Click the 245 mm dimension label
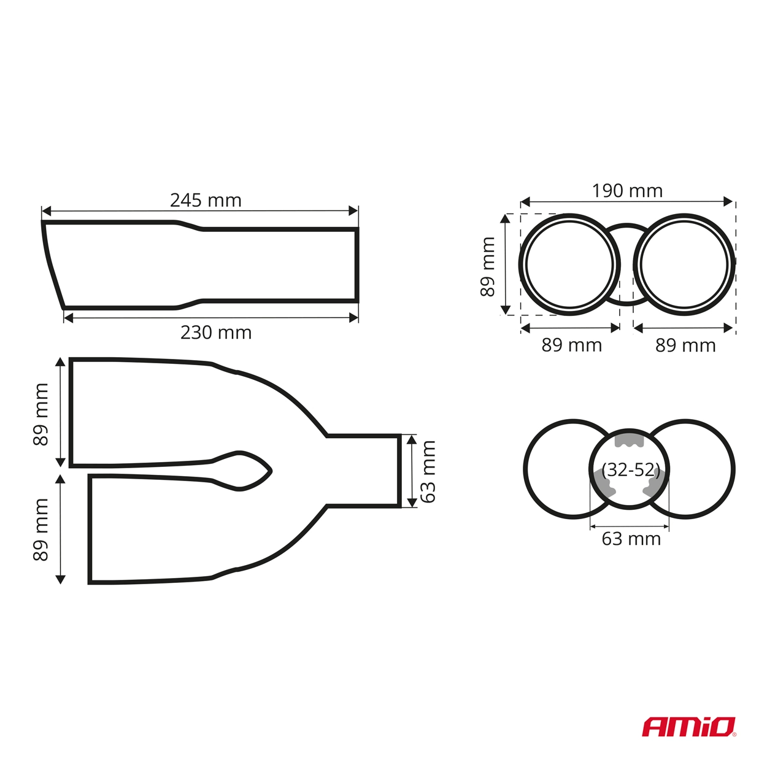click(x=206, y=200)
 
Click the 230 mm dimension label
click(x=216, y=333)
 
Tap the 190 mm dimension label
click(x=627, y=191)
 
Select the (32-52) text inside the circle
click(x=631, y=471)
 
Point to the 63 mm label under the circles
click(x=631, y=539)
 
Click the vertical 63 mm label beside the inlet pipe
click(x=428, y=472)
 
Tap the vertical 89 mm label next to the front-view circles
click(x=488, y=267)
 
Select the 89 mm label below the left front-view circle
click(x=571, y=345)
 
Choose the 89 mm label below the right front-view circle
click(x=685, y=345)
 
